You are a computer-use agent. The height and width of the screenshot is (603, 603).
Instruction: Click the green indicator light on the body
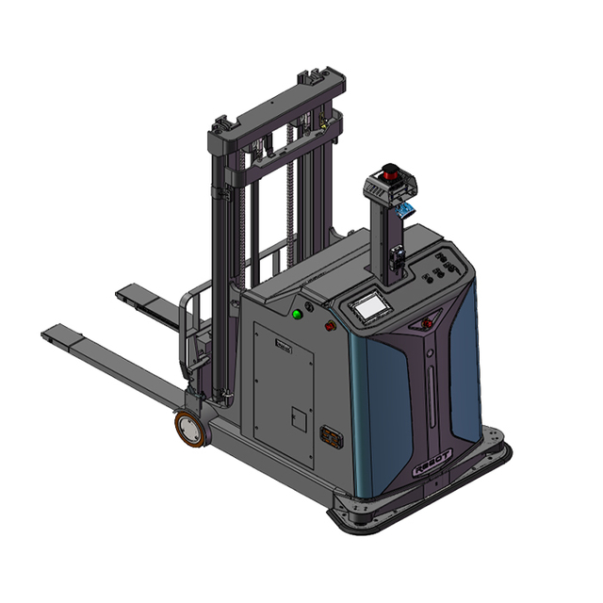[297, 313]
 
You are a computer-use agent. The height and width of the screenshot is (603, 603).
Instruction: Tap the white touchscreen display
[367, 306]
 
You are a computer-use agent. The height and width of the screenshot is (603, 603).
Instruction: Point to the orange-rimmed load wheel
[191, 430]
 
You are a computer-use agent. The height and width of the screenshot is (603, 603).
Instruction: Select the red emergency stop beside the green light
[330, 326]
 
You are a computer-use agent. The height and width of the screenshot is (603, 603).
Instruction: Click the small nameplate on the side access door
[284, 347]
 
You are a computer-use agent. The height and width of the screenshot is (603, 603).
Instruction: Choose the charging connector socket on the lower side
[331, 438]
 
